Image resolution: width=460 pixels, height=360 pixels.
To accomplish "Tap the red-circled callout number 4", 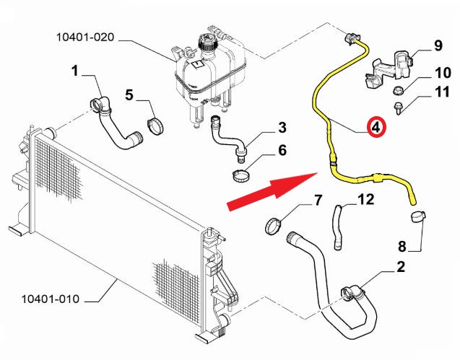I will [x=376, y=127].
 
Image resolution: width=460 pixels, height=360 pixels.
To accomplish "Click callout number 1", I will [x=74, y=71].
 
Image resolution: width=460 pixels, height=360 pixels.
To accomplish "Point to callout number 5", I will [x=129, y=94].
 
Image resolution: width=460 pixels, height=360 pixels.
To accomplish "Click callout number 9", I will [x=437, y=46].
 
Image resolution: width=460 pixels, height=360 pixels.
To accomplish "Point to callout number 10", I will [x=441, y=73].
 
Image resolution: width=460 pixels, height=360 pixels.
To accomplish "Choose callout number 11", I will [x=441, y=92].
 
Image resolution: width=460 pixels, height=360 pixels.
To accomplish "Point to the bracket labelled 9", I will [x=390, y=69].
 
